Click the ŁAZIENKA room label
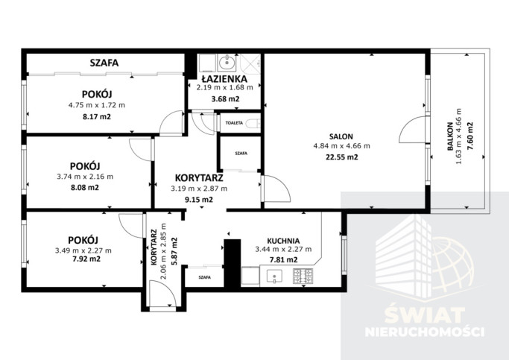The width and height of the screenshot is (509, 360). [x=224, y=79]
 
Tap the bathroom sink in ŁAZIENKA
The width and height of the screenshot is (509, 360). [x=227, y=63]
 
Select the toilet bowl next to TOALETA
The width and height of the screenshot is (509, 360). [x=253, y=124]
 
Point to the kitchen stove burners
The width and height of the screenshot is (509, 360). [x=303, y=277]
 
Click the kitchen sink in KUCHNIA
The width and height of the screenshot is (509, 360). [x=274, y=277]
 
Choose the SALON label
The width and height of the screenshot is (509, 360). [x=341, y=136]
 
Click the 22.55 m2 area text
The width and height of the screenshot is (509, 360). [x=341, y=157]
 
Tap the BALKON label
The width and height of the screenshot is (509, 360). [x=450, y=136]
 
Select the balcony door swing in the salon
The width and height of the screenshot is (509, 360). [x=411, y=130]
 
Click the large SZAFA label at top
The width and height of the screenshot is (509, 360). [x=104, y=63]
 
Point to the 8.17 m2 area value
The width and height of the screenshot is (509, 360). [x=97, y=116]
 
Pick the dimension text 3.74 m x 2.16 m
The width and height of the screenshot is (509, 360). [x=85, y=177]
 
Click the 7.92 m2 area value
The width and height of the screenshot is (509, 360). [x=86, y=259]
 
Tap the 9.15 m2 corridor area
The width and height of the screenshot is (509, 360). [x=199, y=200]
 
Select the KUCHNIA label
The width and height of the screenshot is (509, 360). [x=283, y=241]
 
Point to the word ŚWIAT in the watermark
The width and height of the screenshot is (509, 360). [x=425, y=315]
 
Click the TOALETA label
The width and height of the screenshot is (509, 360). [x=234, y=123]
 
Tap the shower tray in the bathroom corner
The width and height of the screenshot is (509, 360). [x=250, y=64]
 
